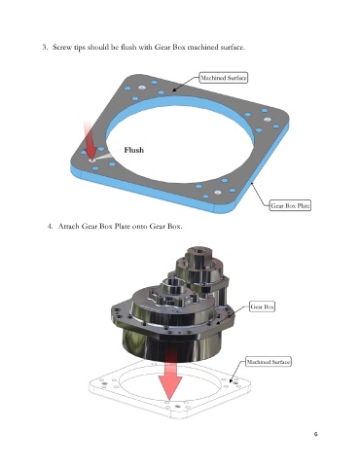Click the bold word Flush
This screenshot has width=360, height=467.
tap(134, 150)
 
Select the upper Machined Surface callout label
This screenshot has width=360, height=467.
tap(224, 78)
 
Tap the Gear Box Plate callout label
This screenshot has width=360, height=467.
tap(290, 205)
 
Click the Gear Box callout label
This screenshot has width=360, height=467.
tap(262, 306)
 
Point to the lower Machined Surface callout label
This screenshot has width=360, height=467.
tap(268, 362)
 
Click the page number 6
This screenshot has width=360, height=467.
tap(315, 434)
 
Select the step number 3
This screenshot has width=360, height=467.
tap(45, 47)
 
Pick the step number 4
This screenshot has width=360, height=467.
tap(50, 226)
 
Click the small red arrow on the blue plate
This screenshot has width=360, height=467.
tap(90, 140)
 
